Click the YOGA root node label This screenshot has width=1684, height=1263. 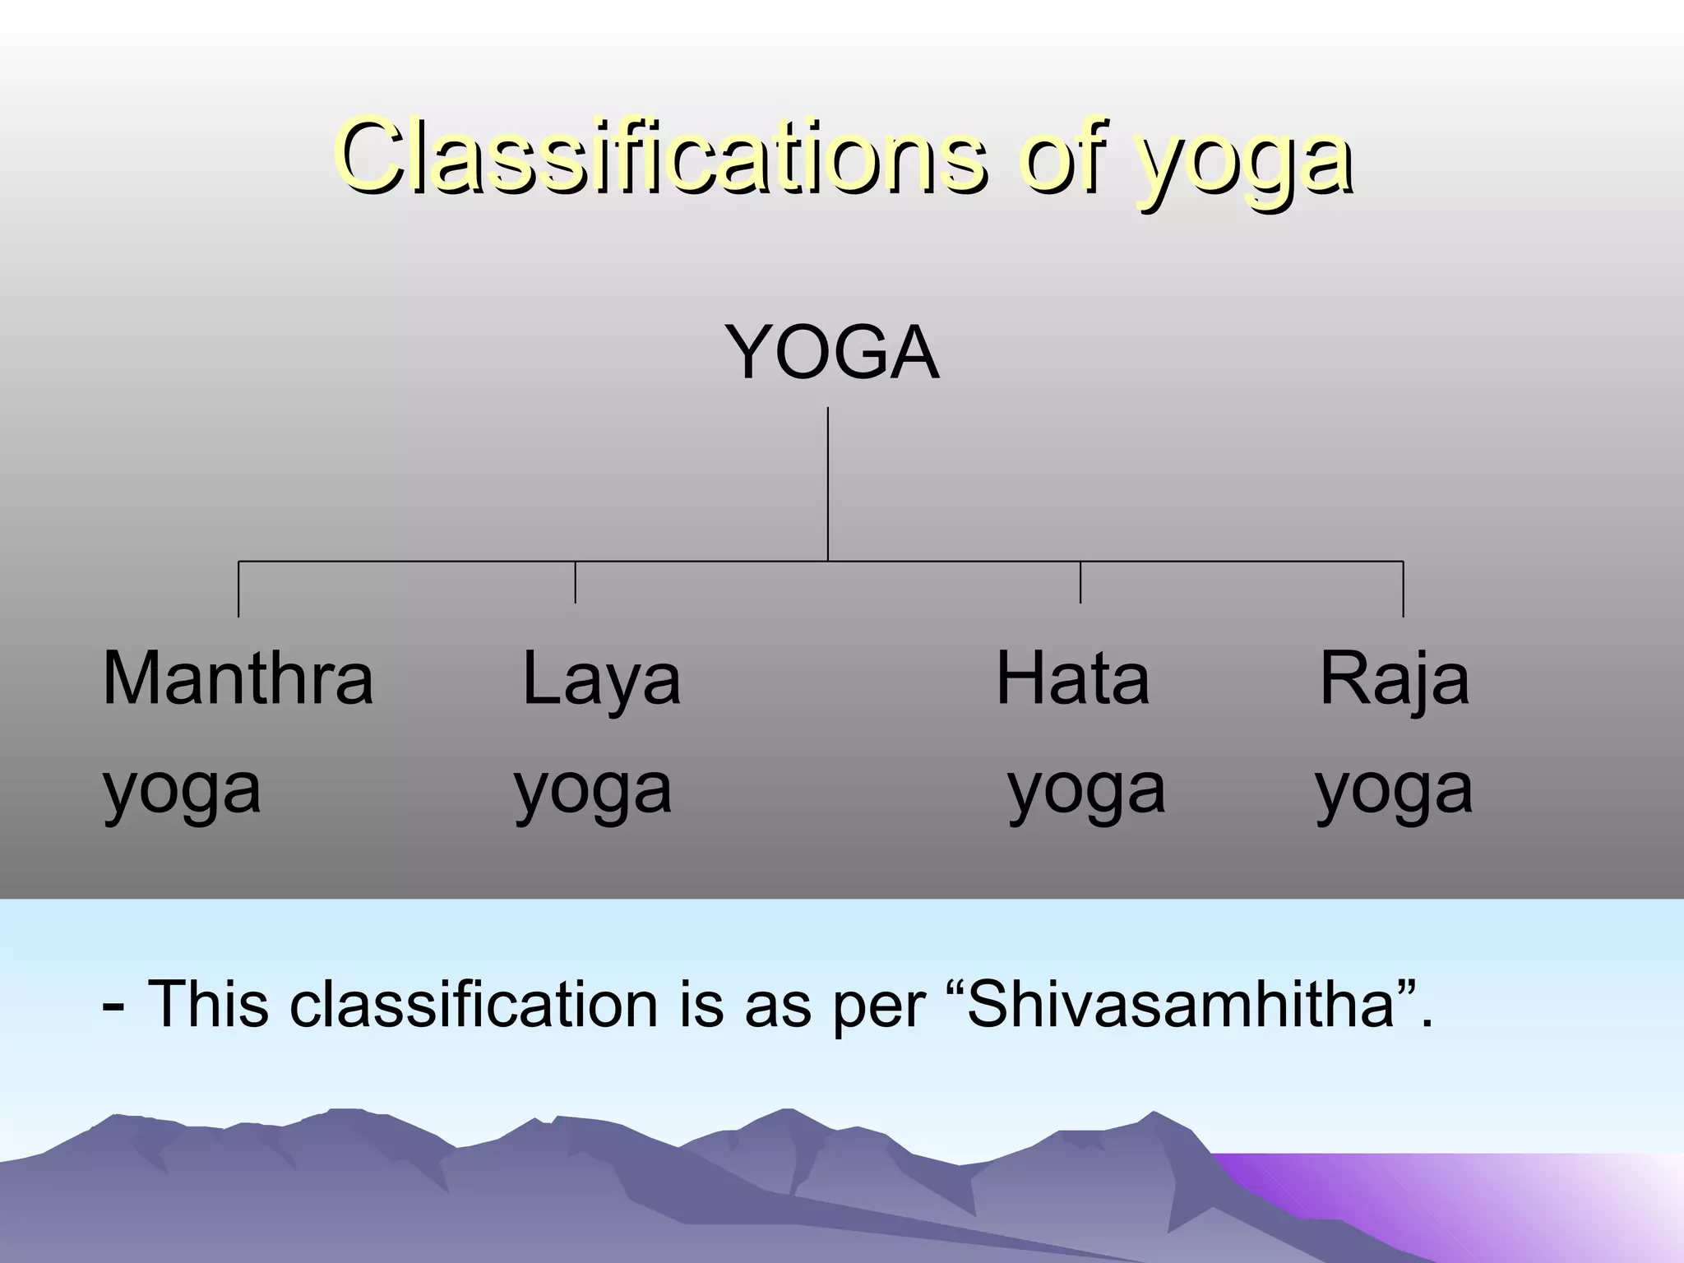[x=831, y=354]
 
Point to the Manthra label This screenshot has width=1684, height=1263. [x=238, y=678]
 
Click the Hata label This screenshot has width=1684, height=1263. [x=1072, y=678]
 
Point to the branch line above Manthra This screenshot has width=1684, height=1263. [x=238, y=589]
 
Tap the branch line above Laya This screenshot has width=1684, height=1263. [x=576, y=582]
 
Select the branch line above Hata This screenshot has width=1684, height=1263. [x=1080, y=582]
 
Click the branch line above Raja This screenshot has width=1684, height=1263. [x=1403, y=589]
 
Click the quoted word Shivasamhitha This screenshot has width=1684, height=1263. [x=1181, y=1004]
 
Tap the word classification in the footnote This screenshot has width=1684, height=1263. [x=474, y=1004]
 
